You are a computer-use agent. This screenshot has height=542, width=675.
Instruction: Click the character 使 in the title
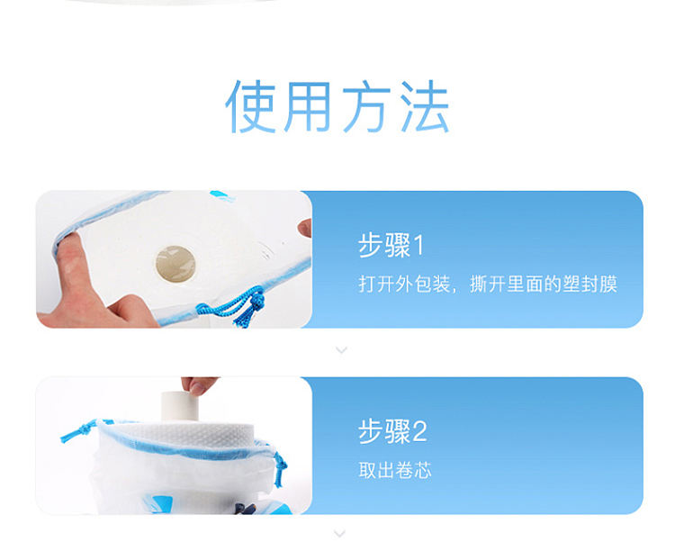point(250,106)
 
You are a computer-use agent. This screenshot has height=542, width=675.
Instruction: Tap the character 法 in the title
point(425,106)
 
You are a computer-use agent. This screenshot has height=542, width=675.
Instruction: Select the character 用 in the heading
point(308,106)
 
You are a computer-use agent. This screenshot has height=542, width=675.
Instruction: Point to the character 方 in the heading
point(367,106)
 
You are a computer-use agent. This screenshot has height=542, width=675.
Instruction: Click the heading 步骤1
point(391,245)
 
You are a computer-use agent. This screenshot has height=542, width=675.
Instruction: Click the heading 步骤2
point(392,431)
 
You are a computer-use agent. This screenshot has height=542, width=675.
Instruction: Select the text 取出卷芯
point(395,470)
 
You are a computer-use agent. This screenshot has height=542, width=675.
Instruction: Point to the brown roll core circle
point(175,265)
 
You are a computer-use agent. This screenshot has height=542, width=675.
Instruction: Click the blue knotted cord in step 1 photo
point(235,306)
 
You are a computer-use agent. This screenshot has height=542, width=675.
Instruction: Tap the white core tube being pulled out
point(180,406)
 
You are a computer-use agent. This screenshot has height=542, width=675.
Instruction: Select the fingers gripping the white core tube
point(198,384)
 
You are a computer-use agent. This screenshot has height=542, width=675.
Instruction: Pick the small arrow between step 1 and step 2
point(341,350)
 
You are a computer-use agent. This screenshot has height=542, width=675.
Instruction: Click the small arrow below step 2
point(339,534)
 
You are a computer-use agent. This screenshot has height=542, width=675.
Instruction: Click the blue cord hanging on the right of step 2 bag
point(280,467)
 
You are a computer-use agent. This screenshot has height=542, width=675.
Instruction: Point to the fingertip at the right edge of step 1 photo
point(305,227)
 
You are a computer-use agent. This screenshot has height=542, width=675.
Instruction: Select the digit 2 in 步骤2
point(419,432)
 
